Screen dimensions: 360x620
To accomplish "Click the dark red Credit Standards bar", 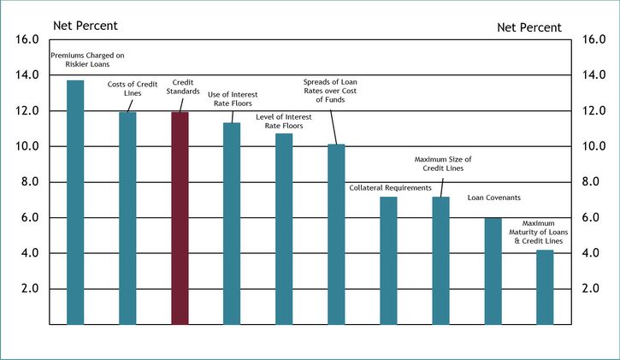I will click(180, 218).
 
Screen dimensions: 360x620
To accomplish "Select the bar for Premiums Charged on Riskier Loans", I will click(75, 202).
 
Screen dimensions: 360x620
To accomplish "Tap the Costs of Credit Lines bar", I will click(127, 218).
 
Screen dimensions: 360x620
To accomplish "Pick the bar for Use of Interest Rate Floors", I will click(232, 223).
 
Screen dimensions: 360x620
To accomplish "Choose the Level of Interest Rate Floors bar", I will click(284, 228).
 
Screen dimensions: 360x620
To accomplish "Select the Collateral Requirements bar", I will click(388, 260).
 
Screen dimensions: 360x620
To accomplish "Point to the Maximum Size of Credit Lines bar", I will click(440, 260).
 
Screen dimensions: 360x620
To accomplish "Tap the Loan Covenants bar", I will click(493, 271).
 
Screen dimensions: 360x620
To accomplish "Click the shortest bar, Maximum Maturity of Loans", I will click(545, 286).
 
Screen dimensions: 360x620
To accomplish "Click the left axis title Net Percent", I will click(86, 25).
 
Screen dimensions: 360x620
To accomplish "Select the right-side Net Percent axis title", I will click(529, 27).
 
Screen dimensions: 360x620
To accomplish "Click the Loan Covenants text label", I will click(493, 198).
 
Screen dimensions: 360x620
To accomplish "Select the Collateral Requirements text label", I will click(390, 186).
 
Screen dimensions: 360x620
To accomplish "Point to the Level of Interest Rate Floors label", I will click(284, 121).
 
